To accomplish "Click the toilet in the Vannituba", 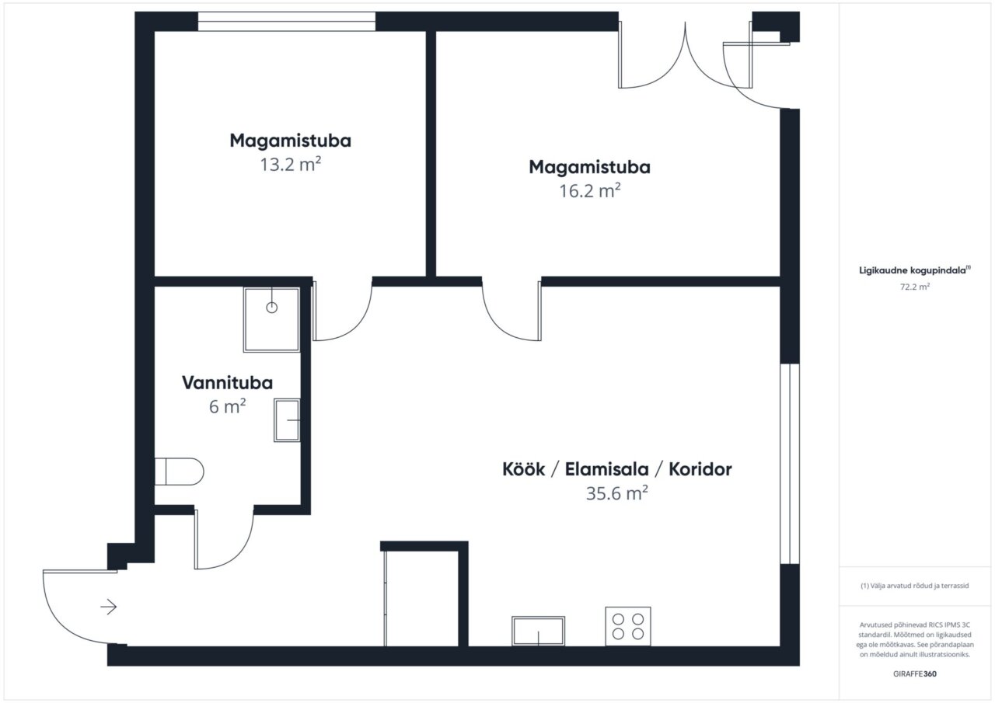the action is click(179, 472).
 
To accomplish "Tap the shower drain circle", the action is click(272, 307).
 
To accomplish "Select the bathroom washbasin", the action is click(287, 419).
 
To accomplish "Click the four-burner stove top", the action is click(628, 626).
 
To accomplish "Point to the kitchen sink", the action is click(539, 631).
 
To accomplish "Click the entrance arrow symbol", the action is click(108, 607).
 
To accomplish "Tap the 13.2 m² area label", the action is click(291, 165).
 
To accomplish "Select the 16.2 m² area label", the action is click(589, 191).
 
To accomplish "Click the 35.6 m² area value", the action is click(617, 493).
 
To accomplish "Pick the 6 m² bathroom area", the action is click(228, 406).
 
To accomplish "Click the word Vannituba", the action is click(228, 383).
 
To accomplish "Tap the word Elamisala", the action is click(607, 469).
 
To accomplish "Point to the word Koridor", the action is click(700, 469).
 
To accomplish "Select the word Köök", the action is click(524, 469).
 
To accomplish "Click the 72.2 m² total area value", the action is click(915, 287).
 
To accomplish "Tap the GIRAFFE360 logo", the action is click(915, 673).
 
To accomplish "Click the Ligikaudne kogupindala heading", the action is click(915, 270).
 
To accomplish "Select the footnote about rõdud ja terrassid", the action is click(915, 586).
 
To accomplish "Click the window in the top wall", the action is click(287, 21).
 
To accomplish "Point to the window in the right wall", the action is click(790, 464).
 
